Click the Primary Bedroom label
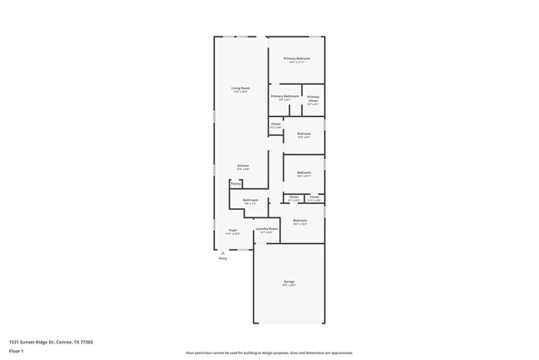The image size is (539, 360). click(297, 58)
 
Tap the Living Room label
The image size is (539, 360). click(240, 88)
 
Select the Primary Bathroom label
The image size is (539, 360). click(284, 96)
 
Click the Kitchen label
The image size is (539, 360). click(243, 165)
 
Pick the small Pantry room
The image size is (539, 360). click(236, 183)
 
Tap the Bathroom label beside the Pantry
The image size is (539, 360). click(250, 200)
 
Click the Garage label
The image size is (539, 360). click(289, 281)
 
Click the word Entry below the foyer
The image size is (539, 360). click(222, 259)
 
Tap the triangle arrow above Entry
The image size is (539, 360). click(222, 252)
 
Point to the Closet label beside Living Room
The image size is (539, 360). click(275, 124)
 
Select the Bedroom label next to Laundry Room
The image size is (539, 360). click(300, 220)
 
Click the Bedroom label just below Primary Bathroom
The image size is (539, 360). click(304, 133)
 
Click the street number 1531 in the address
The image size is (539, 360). click(14, 341)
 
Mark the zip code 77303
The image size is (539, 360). click(86, 341)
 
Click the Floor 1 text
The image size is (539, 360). click(17, 351)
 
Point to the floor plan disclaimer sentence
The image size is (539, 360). click(269, 352)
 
